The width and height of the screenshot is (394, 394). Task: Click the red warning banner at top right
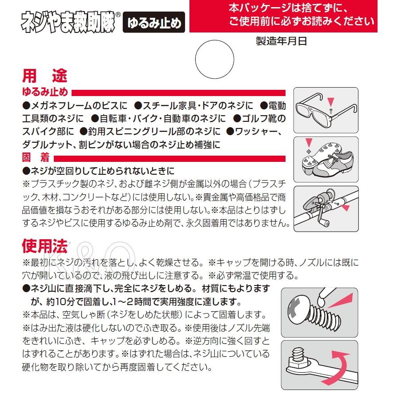tap(283, 16)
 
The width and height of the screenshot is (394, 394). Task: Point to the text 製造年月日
tap(281, 42)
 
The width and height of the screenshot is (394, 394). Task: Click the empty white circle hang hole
tap(214, 60)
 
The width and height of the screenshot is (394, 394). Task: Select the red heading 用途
tap(44, 76)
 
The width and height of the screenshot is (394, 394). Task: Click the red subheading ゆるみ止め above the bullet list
tap(45, 92)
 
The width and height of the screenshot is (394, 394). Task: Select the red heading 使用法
tap(44, 245)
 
